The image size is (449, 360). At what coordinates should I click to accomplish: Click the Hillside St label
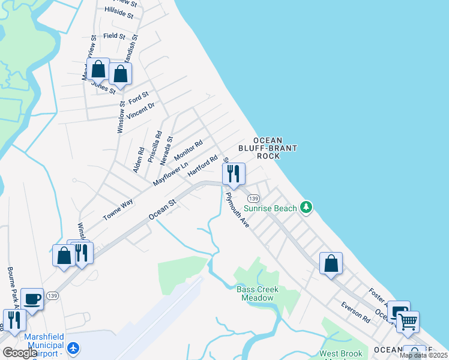tap(118, 11)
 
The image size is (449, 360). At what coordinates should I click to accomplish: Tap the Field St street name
tap(113, 36)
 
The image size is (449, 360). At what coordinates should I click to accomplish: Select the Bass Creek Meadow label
tap(258, 293)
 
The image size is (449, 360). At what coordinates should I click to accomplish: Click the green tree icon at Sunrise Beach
tap(307, 208)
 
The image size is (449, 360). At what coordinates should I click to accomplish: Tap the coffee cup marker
tap(32, 299)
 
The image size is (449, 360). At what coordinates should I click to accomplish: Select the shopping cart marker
tap(408, 321)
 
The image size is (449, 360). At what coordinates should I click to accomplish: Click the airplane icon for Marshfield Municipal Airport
tap(73, 347)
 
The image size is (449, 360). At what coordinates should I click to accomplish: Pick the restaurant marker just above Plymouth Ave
tap(232, 174)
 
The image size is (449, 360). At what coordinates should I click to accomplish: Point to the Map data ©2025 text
tap(423, 355)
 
